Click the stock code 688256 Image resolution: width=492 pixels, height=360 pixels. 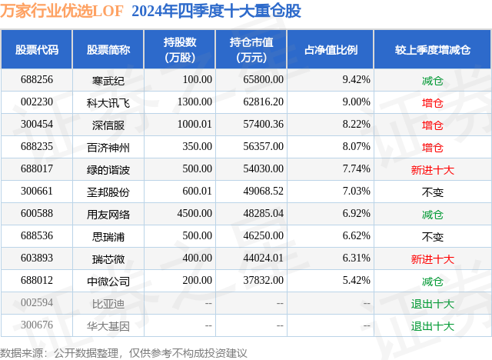pyautogui.click(x=37, y=80)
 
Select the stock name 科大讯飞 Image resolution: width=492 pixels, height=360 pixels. pyautogui.click(x=108, y=102)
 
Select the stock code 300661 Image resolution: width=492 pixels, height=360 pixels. pyautogui.click(x=37, y=192)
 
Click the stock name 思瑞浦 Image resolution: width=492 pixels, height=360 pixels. pyautogui.click(x=108, y=236)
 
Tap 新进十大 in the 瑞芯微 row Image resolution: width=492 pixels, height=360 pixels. pyautogui.click(x=432, y=259)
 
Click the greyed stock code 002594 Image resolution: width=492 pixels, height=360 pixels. pyautogui.click(x=37, y=304)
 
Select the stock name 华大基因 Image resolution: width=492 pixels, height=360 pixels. pyautogui.click(x=108, y=325)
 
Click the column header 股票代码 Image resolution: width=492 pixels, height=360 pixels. pyautogui.click(x=37, y=50)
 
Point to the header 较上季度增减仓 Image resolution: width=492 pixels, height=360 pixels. pyautogui.click(x=432, y=50)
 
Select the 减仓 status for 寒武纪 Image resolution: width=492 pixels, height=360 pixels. pyautogui.click(x=432, y=80)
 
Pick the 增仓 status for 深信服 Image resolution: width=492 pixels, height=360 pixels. pyautogui.click(x=432, y=125)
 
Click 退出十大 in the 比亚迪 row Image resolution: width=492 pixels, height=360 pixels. pyautogui.click(x=432, y=304)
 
